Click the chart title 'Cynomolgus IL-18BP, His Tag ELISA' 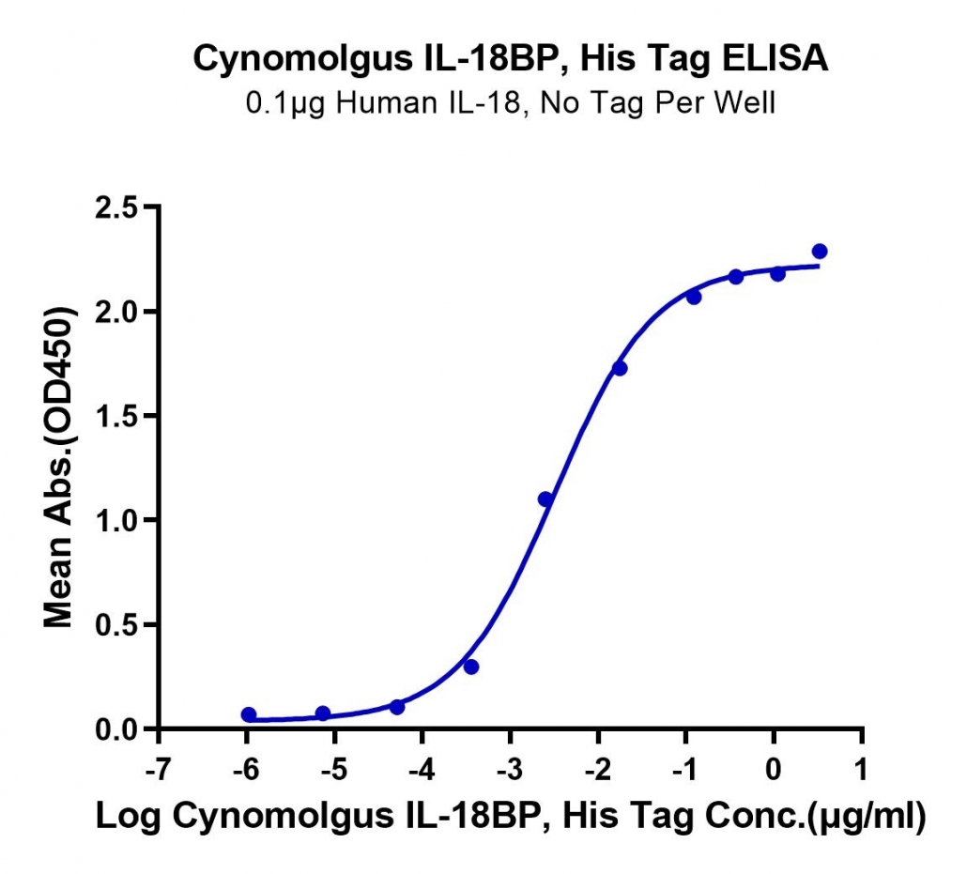pos(511,59)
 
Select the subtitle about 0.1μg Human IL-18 pos(511,103)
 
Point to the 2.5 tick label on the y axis pos(115,207)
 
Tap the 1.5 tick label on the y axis pos(115,416)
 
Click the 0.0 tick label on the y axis pos(115,729)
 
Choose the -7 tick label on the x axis pos(159,770)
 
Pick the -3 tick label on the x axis pos(510,770)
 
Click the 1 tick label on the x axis pos(861,770)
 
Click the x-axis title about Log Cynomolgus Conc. pos(511,817)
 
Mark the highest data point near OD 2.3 pos(820,251)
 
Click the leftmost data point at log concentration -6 pos(249,714)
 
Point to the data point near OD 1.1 pos(545,498)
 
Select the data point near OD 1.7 pos(620,368)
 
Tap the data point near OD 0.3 pos(471,667)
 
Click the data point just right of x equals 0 pos(777,273)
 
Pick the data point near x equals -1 pos(694,298)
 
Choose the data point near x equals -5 pos(323,713)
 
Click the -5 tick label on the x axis pos(334,770)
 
